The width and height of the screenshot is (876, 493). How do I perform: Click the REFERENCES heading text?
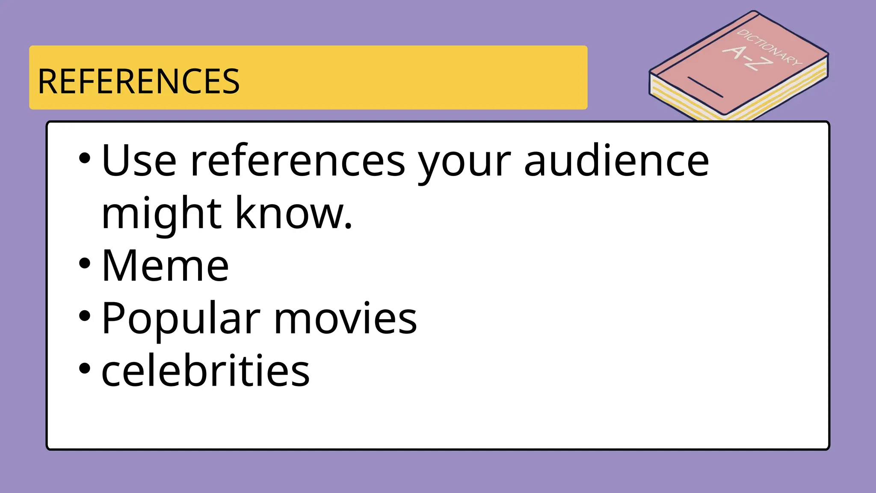tap(139, 81)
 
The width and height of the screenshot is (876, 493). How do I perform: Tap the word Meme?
tap(165, 266)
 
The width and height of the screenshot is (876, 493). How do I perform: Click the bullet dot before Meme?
tap(85, 263)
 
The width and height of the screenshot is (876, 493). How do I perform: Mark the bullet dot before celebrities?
tap(85, 368)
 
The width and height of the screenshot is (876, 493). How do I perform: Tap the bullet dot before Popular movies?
tap(85, 316)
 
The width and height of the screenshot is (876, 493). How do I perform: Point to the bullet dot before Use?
tap(85, 158)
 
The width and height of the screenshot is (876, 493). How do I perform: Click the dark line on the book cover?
tap(705, 87)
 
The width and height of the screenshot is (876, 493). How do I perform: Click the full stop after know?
tap(348, 227)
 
